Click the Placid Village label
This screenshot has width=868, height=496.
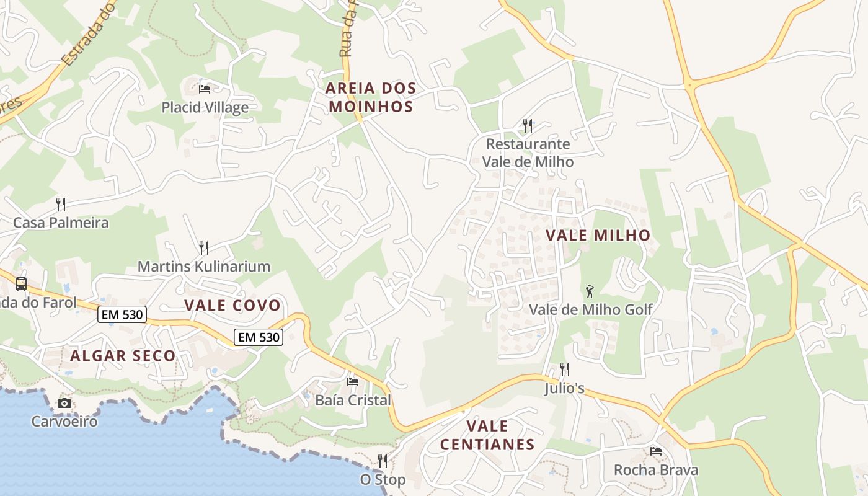click(205, 107)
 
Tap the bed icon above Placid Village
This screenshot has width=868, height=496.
click(205, 89)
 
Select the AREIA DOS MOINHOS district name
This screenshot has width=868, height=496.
click(371, 97)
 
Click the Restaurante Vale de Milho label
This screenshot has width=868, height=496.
click(528, 153)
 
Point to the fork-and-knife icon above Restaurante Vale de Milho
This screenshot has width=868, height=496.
click(528, 126)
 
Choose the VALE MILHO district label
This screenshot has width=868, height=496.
click(598, 235)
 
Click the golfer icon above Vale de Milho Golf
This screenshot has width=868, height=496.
click(590, 291)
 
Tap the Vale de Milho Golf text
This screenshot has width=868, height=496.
click(590, 309)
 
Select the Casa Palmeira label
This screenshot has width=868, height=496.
click(61, 223)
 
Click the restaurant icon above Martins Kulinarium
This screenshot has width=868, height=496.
click(203, 248)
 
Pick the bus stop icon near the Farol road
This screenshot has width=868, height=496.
click(21, 284)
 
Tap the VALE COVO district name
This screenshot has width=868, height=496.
click(232, 305)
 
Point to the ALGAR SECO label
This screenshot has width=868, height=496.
click(123, 356)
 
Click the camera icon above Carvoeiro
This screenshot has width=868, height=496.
click(64, 404)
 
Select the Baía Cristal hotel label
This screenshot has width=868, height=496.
click(353, 400)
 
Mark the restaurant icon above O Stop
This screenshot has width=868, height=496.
click(383, 461)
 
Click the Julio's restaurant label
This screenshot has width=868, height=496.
click(564, 389)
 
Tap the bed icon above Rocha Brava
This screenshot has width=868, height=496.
click(656, 451)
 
